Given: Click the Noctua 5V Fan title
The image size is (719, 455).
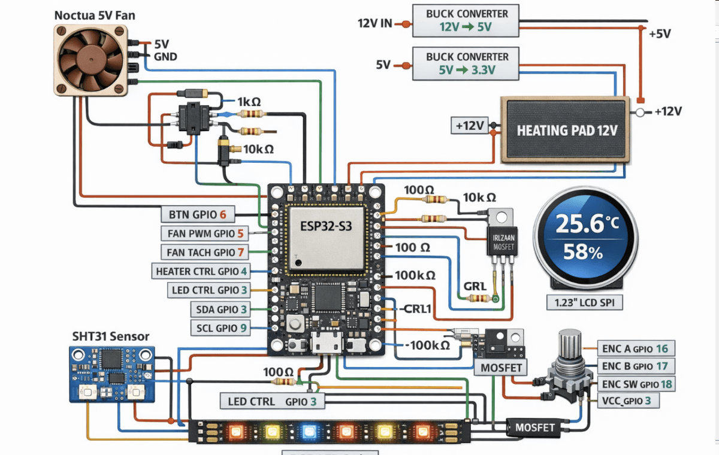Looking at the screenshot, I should click(x=95, y=15).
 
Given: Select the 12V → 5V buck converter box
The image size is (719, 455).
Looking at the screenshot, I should click(x=466, y=20).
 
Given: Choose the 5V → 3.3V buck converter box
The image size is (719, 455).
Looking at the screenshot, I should click(x=466, y=64).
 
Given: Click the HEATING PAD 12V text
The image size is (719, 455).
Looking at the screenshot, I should click(x=566, y=130).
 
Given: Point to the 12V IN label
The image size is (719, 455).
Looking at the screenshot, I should click(x=374, y=24).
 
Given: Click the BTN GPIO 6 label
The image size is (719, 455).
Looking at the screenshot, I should click(x=198, y=214).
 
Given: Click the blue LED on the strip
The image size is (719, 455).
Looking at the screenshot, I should click(x=309, y=431).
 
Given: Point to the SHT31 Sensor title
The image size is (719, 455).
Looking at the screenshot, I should click(x=110, y=336).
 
